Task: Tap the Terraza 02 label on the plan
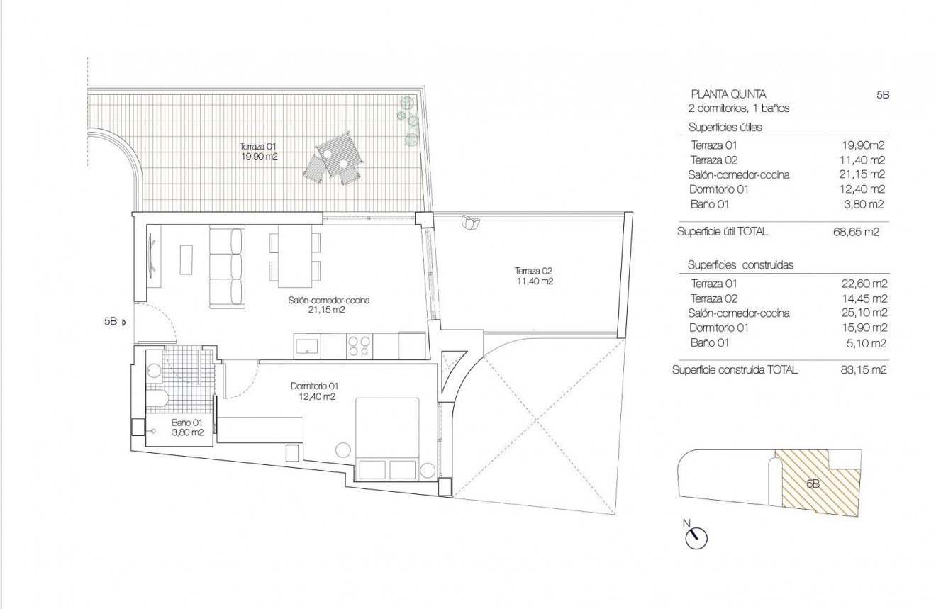click(534, 276)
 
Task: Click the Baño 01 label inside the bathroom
click(187, 427)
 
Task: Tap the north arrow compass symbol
click(696, 537)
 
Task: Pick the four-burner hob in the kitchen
click(359, 346)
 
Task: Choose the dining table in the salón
click(294, 252)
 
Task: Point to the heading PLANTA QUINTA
click(728, 94)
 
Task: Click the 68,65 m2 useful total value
click(856, 232)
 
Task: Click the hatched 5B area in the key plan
click(815, 482)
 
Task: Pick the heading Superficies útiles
click(725, 128)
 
